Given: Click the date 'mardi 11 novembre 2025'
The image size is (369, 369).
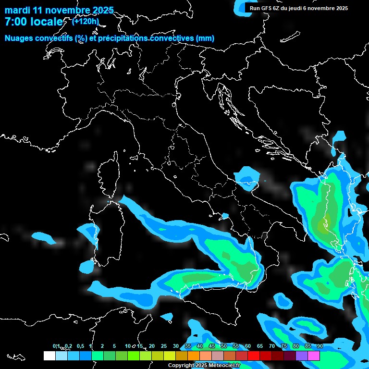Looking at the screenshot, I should pyautogui.click(x=59, y=10).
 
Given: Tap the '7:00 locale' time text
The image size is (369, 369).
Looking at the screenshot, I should pyautogui.click(x=34, y=22).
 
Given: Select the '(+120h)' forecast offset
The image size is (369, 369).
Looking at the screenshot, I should pyautogui.click(x=85, y=21).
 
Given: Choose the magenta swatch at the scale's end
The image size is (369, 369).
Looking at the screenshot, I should pyautogui.click(x=314, y=356).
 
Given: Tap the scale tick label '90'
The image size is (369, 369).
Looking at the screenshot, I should pyautogui.click(x=320, y=346).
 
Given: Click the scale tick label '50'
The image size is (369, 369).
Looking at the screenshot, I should pyautogui.click(x=223, y=346).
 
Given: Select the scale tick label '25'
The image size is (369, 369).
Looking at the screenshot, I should pyautogui.click(x=163, y=346).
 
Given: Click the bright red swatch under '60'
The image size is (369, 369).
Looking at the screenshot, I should pyautogui.click(x=254, y=356).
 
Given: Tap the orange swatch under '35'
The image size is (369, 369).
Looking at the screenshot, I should pyautogui.click(x=194, y=356).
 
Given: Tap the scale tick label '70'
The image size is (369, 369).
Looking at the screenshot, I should pyautogui.click(x=271, y=346).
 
